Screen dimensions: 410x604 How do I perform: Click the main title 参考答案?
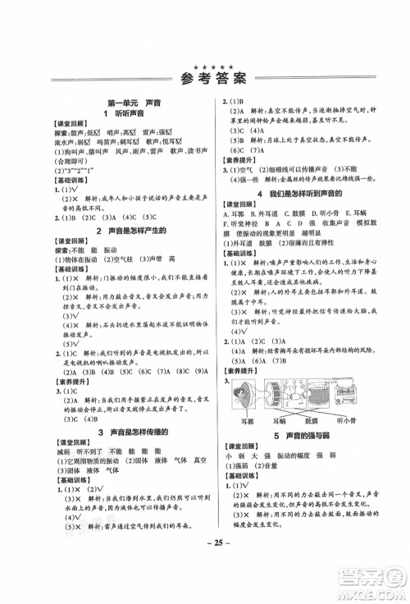coord(205,80)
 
